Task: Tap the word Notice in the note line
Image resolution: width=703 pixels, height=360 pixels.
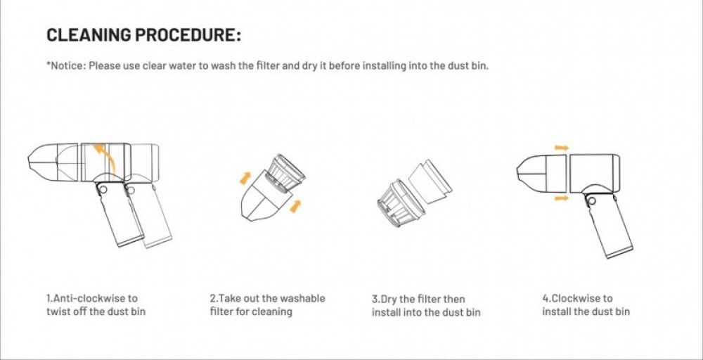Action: click(x=65, y=66)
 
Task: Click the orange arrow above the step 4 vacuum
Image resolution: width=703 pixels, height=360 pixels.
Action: click(x=561, y=148)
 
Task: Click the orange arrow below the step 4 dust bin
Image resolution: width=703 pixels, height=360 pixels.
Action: click(x=561, y=198)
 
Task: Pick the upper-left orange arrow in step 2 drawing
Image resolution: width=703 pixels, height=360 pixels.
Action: click(x=245, y=177)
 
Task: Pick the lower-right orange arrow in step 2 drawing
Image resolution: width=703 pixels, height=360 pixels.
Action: click(x=295, y=206)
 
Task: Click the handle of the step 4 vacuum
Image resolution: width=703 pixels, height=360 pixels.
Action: click(x=608, y=225)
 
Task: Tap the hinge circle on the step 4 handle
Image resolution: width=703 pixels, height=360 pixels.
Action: click(x=592, y=200)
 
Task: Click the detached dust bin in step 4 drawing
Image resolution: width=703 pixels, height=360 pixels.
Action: click(x=541, y=174)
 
